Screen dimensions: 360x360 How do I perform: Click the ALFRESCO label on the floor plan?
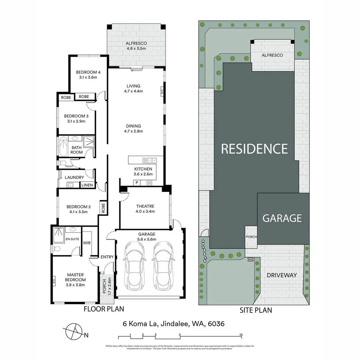coord(136,43)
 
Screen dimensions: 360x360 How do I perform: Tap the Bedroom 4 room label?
coord(88,72)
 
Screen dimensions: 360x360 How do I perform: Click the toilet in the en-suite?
coord(56,249)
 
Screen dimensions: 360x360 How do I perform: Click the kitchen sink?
coord(147,160)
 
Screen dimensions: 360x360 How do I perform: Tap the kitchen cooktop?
coord(149,183)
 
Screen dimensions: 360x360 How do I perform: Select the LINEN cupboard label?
coord(87,185)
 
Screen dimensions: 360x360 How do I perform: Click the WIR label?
coord(87,243)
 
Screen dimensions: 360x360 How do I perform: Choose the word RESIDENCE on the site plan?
coord(254,149)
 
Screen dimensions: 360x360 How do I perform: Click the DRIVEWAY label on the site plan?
coord(282,275)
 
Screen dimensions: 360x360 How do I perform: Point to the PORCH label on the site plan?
coord(251,237)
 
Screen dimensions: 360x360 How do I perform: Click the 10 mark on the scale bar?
coord(241,335)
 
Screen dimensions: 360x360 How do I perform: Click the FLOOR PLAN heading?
coord(104,309)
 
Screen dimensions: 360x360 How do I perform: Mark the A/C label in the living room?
coord(162,91)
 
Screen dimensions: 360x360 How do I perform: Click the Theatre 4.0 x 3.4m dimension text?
coord(145,211)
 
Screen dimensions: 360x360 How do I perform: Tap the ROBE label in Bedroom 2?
coord(103,208)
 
